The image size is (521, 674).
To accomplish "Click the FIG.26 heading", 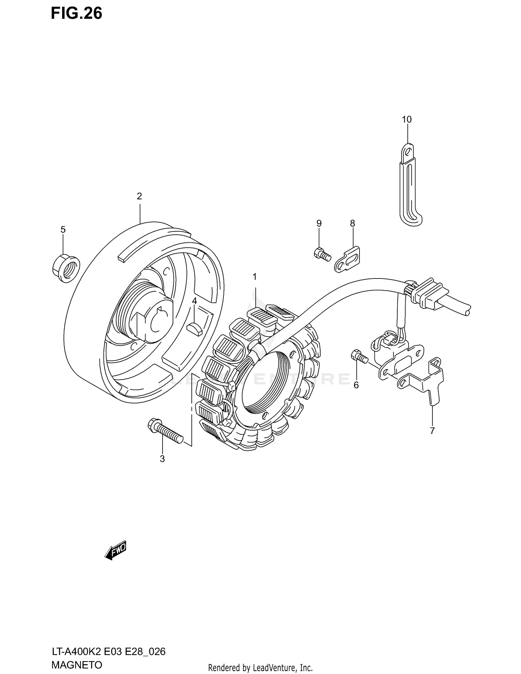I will (76, 13).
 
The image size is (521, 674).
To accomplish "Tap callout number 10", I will (407, 119).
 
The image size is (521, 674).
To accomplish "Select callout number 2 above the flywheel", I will (139, 197).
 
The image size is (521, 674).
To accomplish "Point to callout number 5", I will (63, 230).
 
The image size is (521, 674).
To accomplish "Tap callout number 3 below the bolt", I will (162, 459).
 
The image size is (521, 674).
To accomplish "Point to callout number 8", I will (353, 223).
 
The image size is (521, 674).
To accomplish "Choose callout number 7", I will (432, 431).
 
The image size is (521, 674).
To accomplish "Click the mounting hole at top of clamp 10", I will (408, 151).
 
